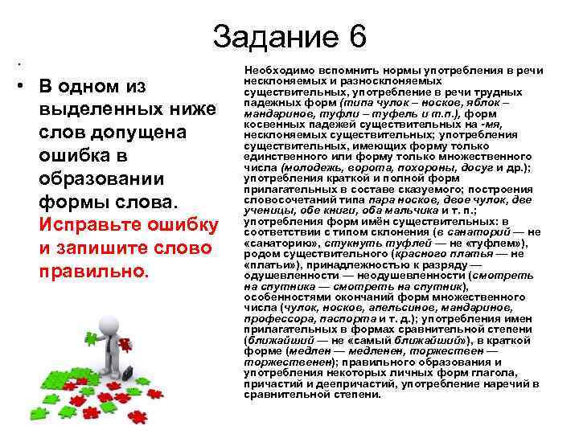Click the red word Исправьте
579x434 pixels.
(92, 223)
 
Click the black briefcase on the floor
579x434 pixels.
(126, 373)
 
